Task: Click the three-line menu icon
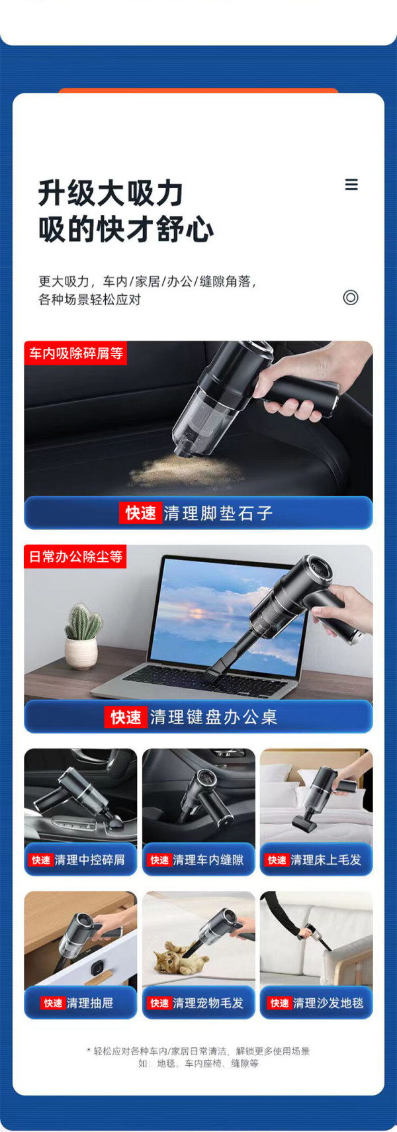(351, 185)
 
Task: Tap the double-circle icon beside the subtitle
(351, 297)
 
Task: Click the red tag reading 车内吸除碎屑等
(76, 353)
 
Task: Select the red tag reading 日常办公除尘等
(75, 556)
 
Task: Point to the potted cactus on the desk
(82, 636)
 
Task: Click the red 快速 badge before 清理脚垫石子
(141, 513)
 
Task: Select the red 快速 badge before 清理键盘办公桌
(126, 716)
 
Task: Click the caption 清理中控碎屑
(89, 860)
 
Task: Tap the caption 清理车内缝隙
(208, 860)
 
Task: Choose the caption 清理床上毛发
(326, 860)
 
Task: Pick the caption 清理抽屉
(90, 1003)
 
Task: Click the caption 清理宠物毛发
(208, 1003)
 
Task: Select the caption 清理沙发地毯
(328, 1003)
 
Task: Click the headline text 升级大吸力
(110, 193)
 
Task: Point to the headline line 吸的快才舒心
(126, 230)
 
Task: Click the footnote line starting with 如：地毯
(198, 1063)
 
